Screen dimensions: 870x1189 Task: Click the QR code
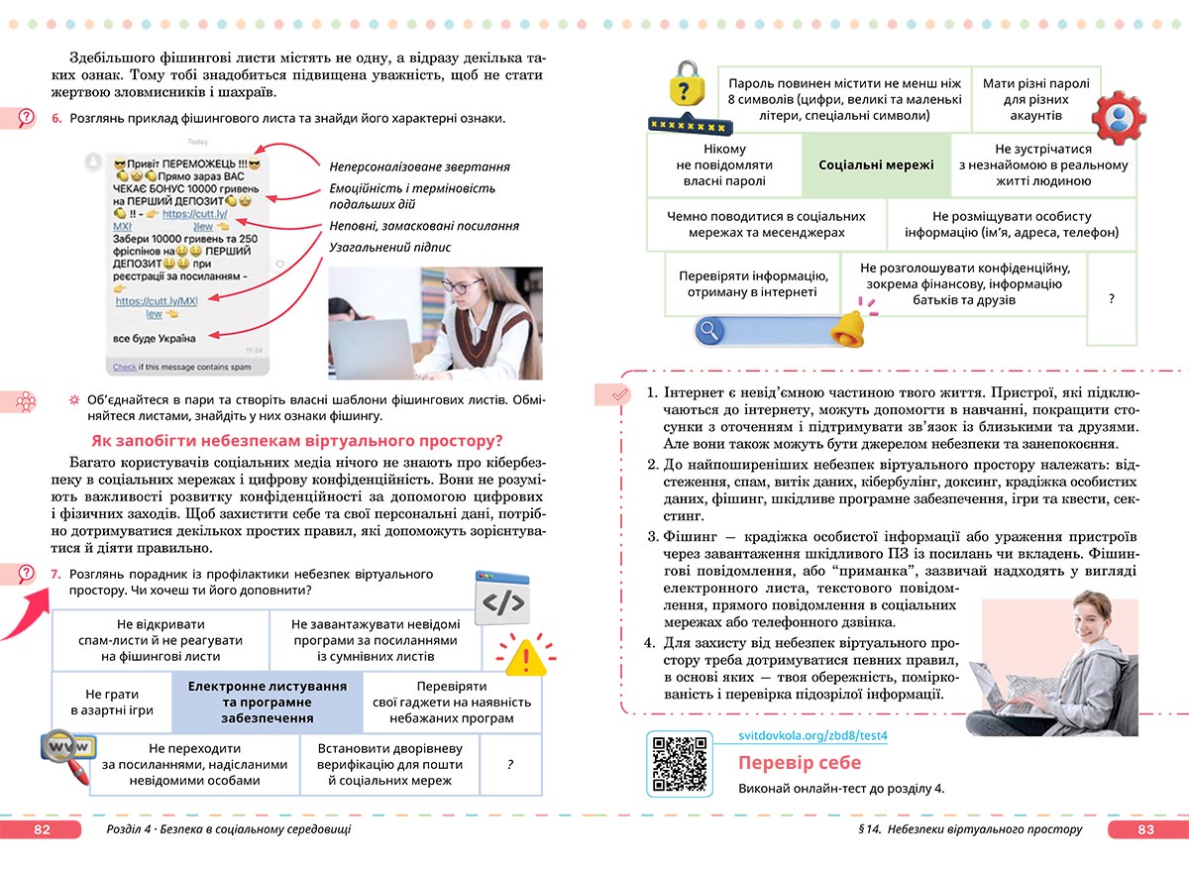680,764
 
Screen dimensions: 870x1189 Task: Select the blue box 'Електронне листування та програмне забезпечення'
267,702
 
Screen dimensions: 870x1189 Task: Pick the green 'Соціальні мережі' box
876,164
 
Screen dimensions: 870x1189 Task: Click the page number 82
42,829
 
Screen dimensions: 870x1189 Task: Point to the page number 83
1145,829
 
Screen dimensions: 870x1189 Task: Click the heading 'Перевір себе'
800,763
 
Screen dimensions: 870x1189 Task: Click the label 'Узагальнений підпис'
389,248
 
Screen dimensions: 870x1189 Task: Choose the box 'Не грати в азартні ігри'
112,702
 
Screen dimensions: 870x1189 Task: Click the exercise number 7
55,574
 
